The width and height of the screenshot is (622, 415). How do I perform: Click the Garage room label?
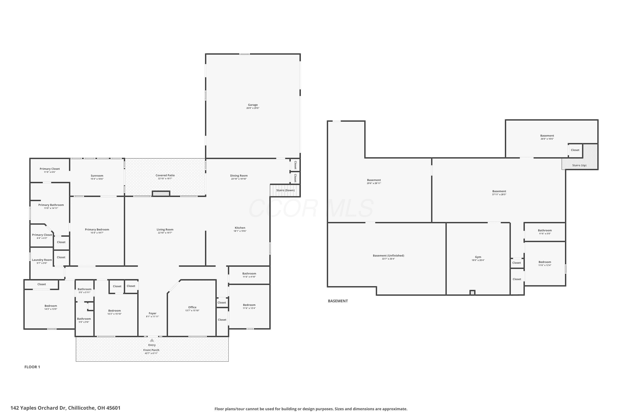click(253, 105)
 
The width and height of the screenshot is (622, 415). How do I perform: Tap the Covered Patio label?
click(165, 175)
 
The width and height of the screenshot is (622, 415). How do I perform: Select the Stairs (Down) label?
click(285, 190)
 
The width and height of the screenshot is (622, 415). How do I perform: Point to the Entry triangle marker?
click(152, 340)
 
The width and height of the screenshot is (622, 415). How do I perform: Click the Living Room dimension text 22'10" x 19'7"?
click(165, 233)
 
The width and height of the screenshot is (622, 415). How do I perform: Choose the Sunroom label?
click(97, 176)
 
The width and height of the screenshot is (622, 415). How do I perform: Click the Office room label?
click(192, 307)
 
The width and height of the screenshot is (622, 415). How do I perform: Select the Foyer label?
click(153, 313)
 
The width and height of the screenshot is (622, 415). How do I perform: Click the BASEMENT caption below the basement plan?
click(338, 301)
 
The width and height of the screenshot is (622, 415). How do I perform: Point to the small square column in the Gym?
click(472, 292)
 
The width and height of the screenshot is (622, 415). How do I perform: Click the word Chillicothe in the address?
click(81, 408)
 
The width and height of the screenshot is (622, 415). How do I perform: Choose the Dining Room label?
click(239, 176)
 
